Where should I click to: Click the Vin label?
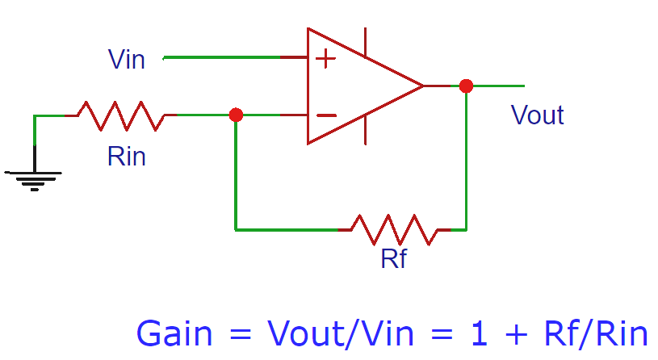click(127, 59)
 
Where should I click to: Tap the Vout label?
click(537, 115)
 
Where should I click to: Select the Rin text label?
click(127, 156)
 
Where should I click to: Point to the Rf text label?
click(393, 259)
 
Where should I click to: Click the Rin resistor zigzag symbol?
click(120, 115)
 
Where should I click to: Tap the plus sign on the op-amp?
click(325, 58)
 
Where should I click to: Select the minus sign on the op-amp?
click(326, 115)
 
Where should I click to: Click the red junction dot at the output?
click(466, 86)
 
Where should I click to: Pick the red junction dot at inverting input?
click(236, 115)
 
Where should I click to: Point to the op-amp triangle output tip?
click(421, 86)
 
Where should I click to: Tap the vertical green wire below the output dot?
click(466, 161)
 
